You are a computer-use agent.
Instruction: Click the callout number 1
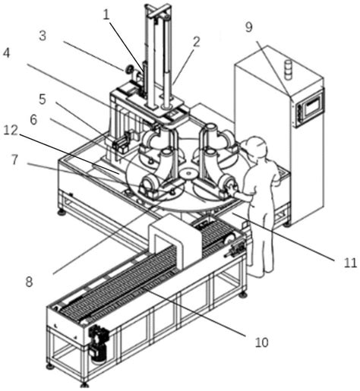pyautogui.click(x=106, y=15)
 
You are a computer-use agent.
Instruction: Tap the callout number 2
pyautogui.click(x=196, y=42)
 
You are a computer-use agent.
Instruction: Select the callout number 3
pyautogui.click(x=43, y=36)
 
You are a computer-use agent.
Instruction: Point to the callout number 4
pyautogui.click(x=6, y=53)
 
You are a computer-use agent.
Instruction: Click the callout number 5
pyautogui.click(x=43, y=99)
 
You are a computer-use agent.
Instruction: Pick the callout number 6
pyautogui.click(x=33, y=119)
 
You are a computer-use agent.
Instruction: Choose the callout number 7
pyautogui.click(x=14, y=159)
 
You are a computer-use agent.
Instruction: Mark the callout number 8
pyautogui.click(x=30, y=282)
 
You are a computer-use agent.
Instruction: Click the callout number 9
pyautogui.click(x=249, y=27)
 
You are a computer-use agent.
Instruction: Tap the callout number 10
pyautogui.click(x=261, y=342)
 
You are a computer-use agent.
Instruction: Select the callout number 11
pyautogui.click(x=350, y=263)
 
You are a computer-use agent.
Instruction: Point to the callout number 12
pyautogui.click(x=11, y=131)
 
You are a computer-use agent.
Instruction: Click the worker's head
pyautogui.click(x=256, y=146)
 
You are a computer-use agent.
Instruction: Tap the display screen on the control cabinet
pyautogui.click(x=314, y=106)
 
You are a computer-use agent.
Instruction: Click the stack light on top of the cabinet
pyautogui.click(x=287, y=69)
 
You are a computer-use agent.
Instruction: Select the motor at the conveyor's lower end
pyautogui.click(x=98, y=343)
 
